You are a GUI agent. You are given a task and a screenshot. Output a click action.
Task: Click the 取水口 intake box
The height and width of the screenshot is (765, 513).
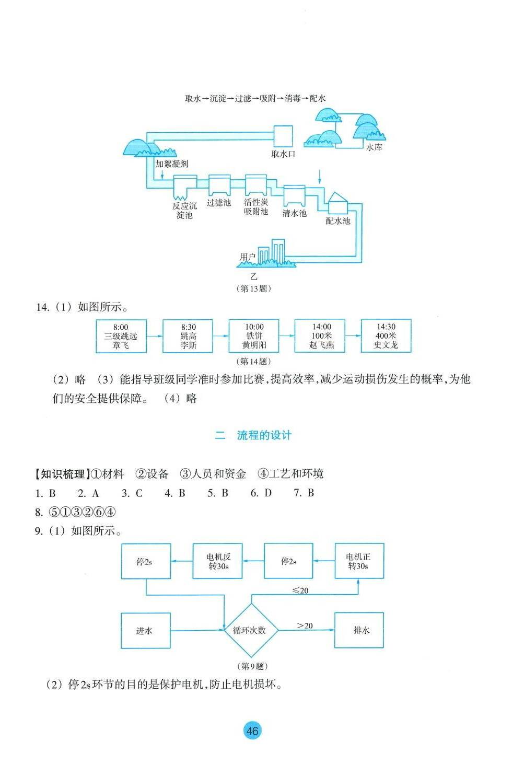[x=284, y=136]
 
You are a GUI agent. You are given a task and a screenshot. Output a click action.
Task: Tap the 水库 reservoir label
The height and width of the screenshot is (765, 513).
[x=374, y=148]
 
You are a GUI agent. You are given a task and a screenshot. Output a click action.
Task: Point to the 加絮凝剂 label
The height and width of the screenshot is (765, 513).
[x=171, y=164]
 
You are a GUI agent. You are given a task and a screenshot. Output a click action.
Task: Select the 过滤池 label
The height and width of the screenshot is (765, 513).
[x=218, y=203]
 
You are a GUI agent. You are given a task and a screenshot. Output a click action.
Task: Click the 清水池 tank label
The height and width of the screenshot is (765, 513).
[x=294, y=213]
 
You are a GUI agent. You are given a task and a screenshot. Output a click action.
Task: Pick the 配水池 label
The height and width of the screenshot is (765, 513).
[x=337, y=221]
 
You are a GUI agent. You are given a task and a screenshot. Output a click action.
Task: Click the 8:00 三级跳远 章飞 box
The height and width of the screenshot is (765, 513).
[x=121, y=336]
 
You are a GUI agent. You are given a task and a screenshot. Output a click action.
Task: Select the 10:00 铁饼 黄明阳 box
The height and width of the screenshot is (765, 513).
[x=254, y=336]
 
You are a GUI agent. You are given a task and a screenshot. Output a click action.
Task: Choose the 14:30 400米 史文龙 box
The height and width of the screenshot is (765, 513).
[x=386, y=336]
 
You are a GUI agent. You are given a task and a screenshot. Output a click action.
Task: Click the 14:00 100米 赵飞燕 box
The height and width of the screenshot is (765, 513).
[x=321, y=336]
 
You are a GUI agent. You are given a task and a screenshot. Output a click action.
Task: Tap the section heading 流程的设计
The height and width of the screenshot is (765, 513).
[x=264, y=435]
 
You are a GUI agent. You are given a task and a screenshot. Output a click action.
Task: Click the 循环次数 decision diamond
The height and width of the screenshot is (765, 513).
[x=250, y=630]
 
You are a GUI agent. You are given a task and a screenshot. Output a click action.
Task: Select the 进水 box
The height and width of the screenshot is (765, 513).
[x=145, y=631]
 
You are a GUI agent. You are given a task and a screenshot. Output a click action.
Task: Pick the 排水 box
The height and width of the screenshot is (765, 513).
[x=359, y=630]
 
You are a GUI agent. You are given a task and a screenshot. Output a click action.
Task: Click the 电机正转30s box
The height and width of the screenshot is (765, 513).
[x=359, y=561]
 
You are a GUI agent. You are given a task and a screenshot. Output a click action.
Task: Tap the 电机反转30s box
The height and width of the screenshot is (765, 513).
[x=218, y=561]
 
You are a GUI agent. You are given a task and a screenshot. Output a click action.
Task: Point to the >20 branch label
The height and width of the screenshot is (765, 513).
[x=305, y=625]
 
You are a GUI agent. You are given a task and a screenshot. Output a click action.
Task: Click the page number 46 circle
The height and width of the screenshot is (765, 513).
[x=252, y=731]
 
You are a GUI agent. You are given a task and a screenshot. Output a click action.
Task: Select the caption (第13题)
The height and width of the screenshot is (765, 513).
[x=254, y=288]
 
